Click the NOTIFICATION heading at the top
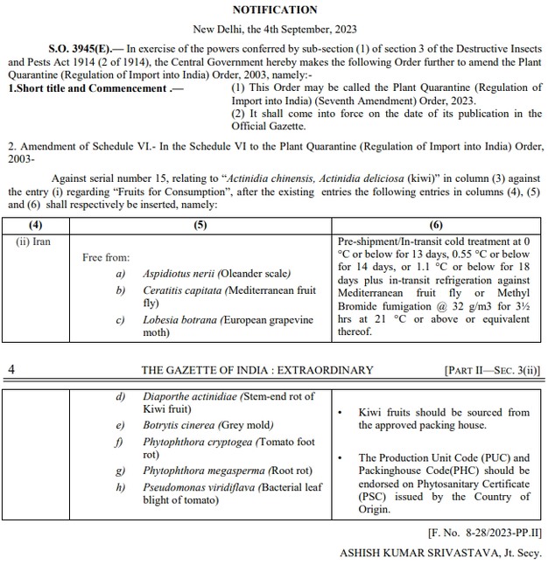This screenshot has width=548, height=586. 275,10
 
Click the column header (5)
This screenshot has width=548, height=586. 200,226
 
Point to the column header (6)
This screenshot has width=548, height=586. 437,226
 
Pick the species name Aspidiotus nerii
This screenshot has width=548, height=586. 181,274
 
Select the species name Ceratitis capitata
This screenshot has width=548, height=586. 184,290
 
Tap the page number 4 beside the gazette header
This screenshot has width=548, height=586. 11,369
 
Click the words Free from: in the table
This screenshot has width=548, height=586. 106,257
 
